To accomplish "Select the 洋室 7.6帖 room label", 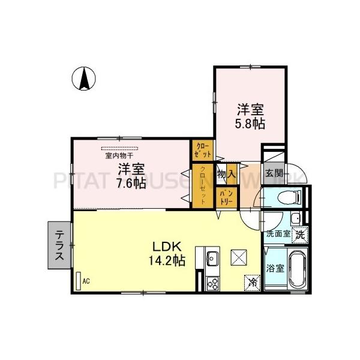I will [131, 175].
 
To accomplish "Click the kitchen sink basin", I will [212, 260].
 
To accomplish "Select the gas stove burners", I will [212, 283].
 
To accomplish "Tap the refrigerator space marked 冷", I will [252, 281].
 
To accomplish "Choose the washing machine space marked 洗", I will [299, 235].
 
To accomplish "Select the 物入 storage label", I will [226, 174].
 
